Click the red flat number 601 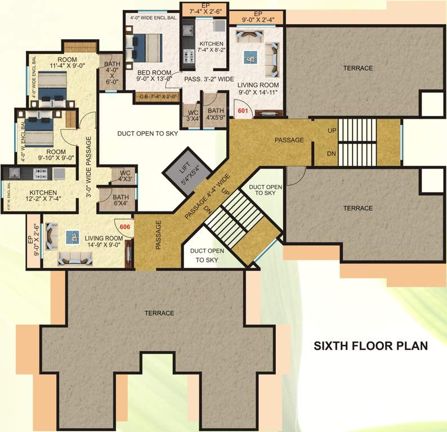pyautogui.click(x=243, y=111)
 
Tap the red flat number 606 pyautogui.click(x=125, y=226)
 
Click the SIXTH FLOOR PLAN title pyautogui.click(x=370, y=345)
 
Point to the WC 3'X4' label pyautogui.click(x=192, y=114)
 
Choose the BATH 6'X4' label pyautogui.click(x=120, y=201)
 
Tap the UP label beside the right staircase pyautogui.click(x=332, y=130)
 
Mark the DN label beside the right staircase pyautogui.click(x=332, y=153)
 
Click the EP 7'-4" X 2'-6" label pyautogui.click(x=203, y=10)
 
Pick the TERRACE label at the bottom pyautogui.click(x=159, y=313)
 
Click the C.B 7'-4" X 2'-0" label pyautogui.click(x=158, y=96)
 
